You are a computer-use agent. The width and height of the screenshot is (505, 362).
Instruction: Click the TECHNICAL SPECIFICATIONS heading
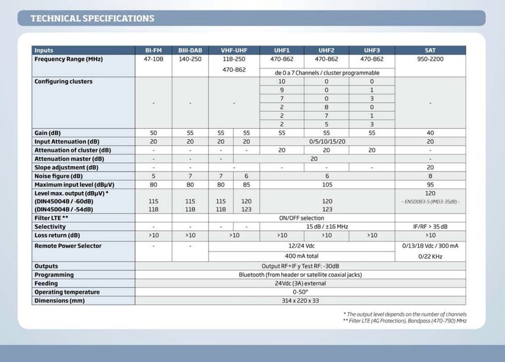click(92, 18)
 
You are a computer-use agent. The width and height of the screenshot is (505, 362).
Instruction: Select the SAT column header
click(430, 50)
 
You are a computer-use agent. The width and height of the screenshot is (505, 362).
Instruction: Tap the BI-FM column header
click(153, 50)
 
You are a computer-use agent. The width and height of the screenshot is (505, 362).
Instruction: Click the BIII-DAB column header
click(190, 50)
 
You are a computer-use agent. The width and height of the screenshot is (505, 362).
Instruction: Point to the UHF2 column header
click(327, 50)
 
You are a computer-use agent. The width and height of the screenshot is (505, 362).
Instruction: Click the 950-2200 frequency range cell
click(430, 59)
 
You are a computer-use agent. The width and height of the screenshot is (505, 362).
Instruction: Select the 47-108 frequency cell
click(153, 59)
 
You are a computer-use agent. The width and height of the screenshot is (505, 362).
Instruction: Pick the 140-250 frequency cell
click(190, 59)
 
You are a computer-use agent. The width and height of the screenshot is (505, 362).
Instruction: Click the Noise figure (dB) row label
click(58, 176)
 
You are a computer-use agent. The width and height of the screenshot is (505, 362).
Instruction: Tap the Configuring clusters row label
click(63, 81)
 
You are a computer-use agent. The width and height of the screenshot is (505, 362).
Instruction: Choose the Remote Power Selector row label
click(68, 245)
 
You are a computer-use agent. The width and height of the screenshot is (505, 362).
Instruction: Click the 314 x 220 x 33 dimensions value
click(301, 300)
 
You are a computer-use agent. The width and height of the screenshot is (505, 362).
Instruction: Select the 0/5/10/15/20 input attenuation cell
click(327, 142)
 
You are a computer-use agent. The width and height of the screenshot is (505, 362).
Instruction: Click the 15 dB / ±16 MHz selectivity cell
click(327, 226)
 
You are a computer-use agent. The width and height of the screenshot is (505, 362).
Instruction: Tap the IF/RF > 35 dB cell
click(430, 226)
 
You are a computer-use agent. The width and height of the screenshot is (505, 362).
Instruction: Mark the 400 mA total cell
click(301, 256)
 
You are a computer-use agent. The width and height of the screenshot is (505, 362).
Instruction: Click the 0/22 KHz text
click(430, 256)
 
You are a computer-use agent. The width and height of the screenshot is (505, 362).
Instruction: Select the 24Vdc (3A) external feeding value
click(301, 284)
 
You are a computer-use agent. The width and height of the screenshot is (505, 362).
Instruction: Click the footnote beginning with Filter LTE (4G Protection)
click(405, 321)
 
